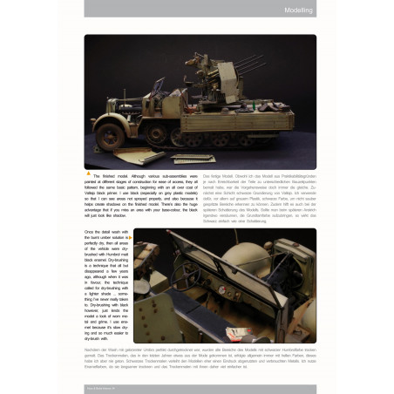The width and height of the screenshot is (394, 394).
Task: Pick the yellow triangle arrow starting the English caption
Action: pyautogui.click(x=90, y=173)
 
